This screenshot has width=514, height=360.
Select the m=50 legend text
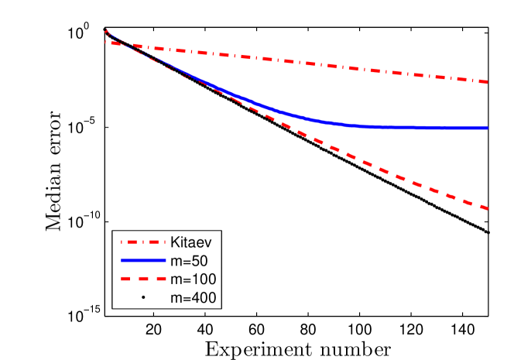189,259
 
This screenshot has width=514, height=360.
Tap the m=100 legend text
193,278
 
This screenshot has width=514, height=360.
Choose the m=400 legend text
193,297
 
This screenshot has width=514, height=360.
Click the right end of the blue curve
488,128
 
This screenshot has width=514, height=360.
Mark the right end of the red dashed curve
488,208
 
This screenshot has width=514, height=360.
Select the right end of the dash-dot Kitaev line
488,82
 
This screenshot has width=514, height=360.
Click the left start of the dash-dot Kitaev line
105,42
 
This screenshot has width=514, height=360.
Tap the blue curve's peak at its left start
106,31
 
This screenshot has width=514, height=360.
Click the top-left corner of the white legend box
113,231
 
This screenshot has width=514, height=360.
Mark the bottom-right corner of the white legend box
221,307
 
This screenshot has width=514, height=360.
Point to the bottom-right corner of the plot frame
488,316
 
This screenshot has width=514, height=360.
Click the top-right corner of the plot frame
488,27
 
